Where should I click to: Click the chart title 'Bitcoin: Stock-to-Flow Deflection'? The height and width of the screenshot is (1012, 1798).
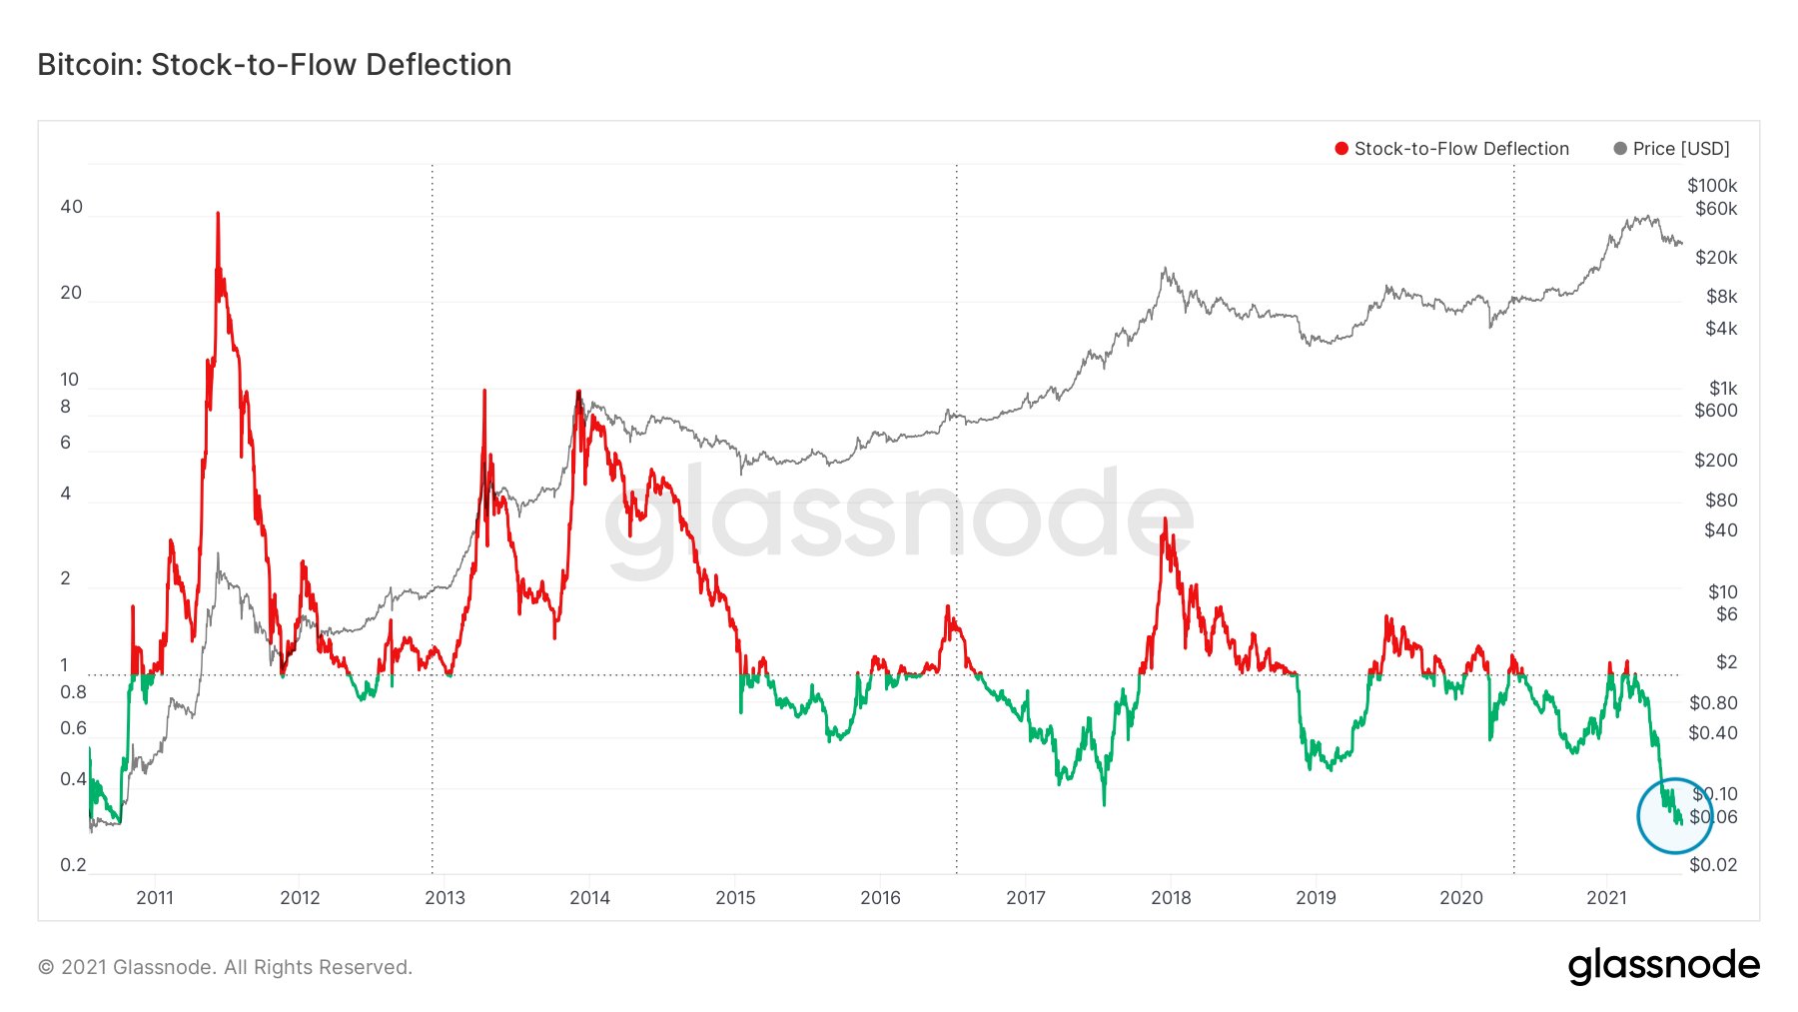click(274, 65)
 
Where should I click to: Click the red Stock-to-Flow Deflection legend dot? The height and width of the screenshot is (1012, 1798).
click(1342, 149)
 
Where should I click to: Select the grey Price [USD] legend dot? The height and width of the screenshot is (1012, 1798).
click(1620, 149)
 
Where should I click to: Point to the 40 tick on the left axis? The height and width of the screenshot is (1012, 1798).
click(71, 207)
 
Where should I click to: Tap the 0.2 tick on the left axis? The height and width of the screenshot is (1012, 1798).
click(73, 865)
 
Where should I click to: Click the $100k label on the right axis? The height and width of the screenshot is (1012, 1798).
click(1712, 186)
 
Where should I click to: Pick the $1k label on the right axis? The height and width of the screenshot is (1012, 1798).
click(1722, 389)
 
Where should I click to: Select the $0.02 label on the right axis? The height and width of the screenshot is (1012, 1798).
click(1712, 865)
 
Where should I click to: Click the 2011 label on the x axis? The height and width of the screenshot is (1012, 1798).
click(155, 898)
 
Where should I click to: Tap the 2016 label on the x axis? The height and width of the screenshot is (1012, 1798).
click(880, 898)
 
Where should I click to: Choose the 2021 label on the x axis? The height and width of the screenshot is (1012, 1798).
click(1606, 898)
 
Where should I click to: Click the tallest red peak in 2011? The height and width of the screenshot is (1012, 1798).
click(218, 214)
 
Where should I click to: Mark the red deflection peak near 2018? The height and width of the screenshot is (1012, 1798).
click(1165, 519)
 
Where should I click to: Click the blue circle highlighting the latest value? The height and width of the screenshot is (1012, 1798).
click(1675, 816)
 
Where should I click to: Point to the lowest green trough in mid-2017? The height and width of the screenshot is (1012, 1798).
click(1104, 802)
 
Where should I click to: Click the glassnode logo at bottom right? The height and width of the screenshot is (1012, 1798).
click(1663, 966)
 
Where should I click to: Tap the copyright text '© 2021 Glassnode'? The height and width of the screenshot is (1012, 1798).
click(225, 967)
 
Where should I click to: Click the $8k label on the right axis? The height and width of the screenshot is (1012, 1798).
click(1721, 297)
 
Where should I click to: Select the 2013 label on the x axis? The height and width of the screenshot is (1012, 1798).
click(445, 898)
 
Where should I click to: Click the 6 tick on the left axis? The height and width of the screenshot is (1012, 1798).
click(66, 443)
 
